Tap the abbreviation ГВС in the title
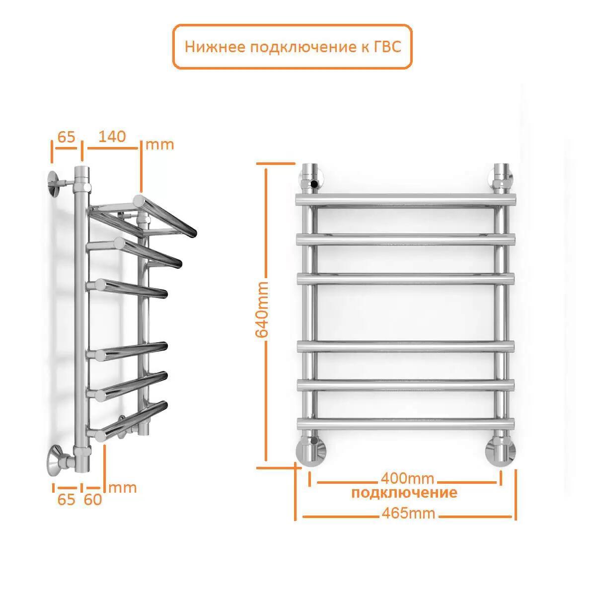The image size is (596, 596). pyautogui.click(x=387, y=47)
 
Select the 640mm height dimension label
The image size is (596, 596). pyautogui.click(x=262, y=309)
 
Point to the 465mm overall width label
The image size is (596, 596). pyautogui.click(x=408, y=514)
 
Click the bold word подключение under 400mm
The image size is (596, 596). pyautogui.click(x=404, y=493)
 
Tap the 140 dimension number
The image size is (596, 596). pyautogui.click(x=112, y=137)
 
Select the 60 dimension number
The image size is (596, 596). pyautogui.click(x=93, y=500)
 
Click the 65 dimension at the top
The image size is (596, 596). pyautogui.click(x=66, y=137)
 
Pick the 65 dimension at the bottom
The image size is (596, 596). pyautogui.click(x=66, y=500)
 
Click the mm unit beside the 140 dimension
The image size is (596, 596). pyautogui.click(x=159, y=145)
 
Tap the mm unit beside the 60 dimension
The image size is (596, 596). pyautogui.click(x=123, y=488)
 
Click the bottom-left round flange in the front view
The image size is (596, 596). pyautogui.click(x=311, y=452)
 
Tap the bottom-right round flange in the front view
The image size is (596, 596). pyautogui.click(x=501, y=452)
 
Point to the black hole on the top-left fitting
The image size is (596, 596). pyautogui.click(x=314, y=185)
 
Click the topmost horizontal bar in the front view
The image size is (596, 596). pyautogui.click(x=406, y=200)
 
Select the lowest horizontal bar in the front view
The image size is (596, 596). pyautogui.click(x=406, y=424)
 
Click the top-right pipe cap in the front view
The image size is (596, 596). pyautogui.click(x=501, y=170)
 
